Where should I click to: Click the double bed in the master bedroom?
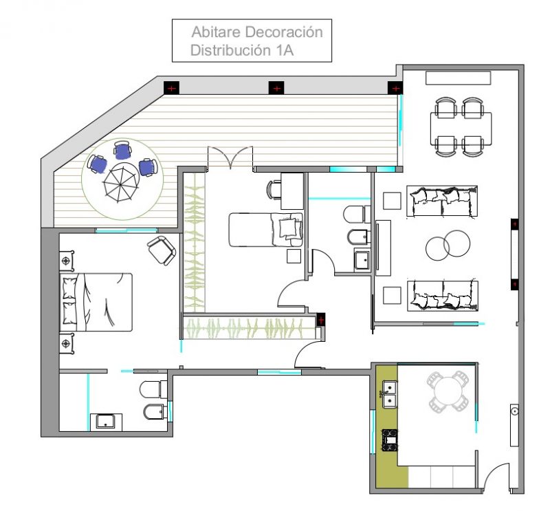click(96, 302)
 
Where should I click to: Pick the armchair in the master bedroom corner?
click(162, 250)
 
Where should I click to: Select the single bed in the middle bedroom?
click(266, 230)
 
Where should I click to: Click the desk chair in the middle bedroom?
click(274, 190)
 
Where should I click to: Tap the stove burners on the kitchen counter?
click(390, 439)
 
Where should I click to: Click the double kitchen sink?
click(390, 395)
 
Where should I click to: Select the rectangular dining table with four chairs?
click(461, 128)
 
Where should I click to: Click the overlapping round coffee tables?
click(448, 246)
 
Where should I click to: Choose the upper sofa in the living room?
click(442, 201)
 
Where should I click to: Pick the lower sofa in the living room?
click(442, 295)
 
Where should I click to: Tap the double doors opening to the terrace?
click(230, 159)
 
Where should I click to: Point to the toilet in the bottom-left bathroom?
click(153, 389)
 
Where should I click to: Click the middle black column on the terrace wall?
click(276, 88)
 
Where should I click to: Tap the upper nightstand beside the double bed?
click(66, 261)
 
